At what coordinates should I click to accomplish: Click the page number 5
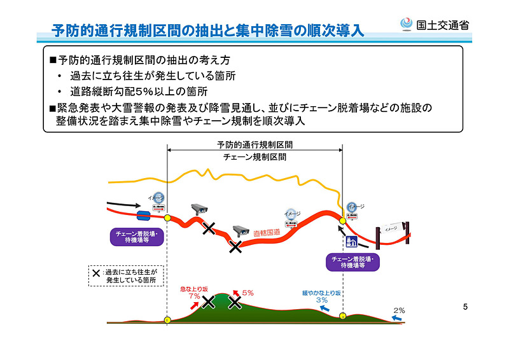click(x=465, y=308)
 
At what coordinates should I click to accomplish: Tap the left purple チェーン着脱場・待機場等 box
click(x=137, y=237)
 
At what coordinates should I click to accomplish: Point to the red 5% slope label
click(x=248, y=293)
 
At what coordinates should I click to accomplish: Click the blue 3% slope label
click(x=322, y=300)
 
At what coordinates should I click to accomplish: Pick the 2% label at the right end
click(x=398, y=310)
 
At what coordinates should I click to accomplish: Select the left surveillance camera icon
click(x=199, y=208)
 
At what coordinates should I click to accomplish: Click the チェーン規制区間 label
click(x=255, y=156)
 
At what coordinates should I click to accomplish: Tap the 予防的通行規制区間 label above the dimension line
click(x=255, y=144)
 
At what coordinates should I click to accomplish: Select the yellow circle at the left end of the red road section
click(x=167, y=218)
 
